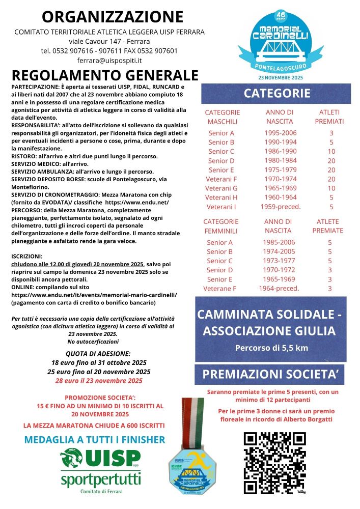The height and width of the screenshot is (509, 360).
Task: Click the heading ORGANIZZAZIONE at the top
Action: click(x=112, y=17)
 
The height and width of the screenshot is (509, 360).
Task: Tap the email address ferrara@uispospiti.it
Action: click(x=109, y=60)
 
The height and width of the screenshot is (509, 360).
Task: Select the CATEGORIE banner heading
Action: click(x=276, y=93)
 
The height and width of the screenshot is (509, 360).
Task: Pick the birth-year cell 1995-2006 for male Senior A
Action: click(x=280, y=133)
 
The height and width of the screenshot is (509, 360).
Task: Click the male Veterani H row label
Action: click(x=221, y=197)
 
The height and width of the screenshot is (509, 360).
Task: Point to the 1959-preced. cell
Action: click(x=280, y=207)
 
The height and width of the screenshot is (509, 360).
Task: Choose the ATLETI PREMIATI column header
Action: click(x=329, y=117)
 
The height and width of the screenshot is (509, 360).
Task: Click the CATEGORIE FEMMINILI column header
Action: click(x=221, y=226)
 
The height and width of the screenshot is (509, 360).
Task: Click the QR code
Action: click(x=275, y=463)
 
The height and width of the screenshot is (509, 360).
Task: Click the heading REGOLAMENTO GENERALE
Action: click(x=104, y=75)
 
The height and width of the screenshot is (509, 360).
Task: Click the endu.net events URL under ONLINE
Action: click(x=94, y=294)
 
